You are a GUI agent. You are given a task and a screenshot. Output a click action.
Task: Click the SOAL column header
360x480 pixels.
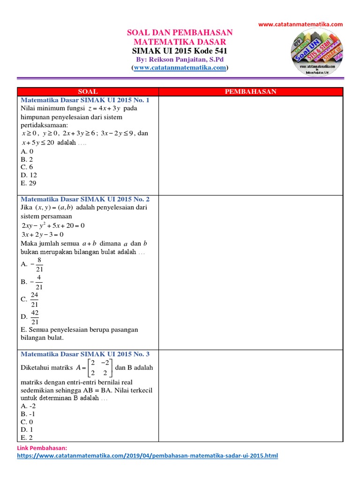tap(88, 91)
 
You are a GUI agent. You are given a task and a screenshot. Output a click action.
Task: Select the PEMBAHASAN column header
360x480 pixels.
tap(251, 91)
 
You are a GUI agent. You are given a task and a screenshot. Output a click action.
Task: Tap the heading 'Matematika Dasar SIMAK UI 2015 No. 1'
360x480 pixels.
tap(85, 100)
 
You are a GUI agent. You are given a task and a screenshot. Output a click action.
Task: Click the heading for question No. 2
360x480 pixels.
tap(85, 199)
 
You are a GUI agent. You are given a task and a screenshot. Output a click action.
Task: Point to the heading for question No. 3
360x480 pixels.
tap(85, 354)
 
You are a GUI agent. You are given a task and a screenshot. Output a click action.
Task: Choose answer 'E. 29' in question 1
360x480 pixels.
tap(29, 183)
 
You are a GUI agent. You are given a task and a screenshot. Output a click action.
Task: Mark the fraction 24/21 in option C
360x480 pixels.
tap(35, 299)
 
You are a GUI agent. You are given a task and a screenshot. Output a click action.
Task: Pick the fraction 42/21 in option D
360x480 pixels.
tap(35, 317)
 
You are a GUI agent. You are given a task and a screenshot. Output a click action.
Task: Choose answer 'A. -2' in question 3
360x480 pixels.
tap(29, 406)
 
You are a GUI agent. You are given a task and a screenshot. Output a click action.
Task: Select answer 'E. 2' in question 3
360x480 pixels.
tap(27, 437)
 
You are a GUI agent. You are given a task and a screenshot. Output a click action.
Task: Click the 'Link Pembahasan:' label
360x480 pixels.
tap(42, 448)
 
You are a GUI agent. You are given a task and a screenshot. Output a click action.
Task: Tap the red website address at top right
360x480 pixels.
tap(301, 24)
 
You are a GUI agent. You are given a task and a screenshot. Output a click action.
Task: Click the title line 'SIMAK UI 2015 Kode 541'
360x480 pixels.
tap(180, 51)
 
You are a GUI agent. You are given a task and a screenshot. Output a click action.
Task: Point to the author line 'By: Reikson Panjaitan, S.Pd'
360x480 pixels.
tap(180, 60)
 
